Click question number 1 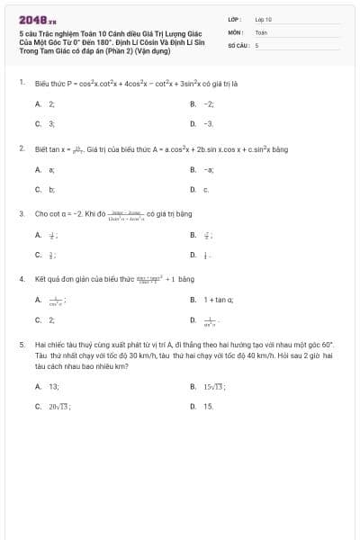point(21,82)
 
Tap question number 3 point(21,213)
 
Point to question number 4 point(21,279)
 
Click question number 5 point(21,344)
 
